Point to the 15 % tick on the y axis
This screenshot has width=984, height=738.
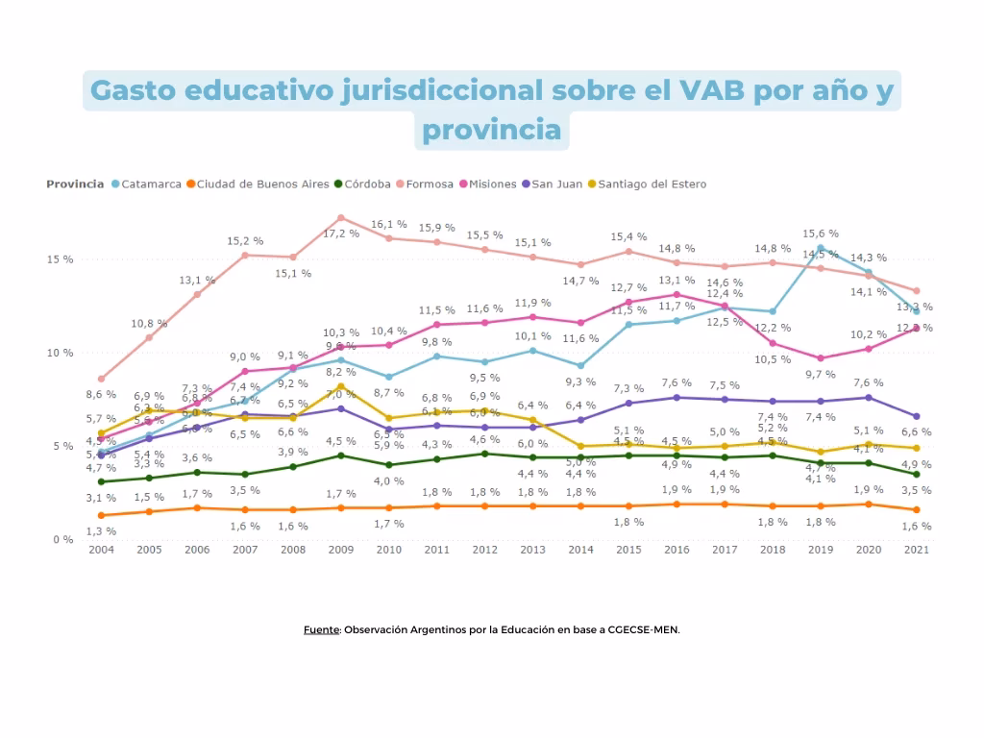click(60, 259)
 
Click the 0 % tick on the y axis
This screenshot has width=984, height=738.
click(61, 539)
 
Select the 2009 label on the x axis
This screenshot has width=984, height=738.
click(341, 551)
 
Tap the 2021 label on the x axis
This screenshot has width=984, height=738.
click(917, 551)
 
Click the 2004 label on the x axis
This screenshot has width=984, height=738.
click(101, 551)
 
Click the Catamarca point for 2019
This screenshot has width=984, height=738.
click(821, 248)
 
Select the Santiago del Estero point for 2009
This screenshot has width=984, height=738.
click(341, 386)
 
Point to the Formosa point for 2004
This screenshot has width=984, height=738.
click(101, 379)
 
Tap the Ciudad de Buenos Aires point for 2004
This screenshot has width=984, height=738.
click(101, 515)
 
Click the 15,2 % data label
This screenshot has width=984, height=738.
click(244, 240)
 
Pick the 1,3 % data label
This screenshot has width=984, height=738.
click(101, 531)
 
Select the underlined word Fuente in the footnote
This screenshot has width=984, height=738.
click(321, 630)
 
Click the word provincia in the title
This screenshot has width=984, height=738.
click(491, 129)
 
